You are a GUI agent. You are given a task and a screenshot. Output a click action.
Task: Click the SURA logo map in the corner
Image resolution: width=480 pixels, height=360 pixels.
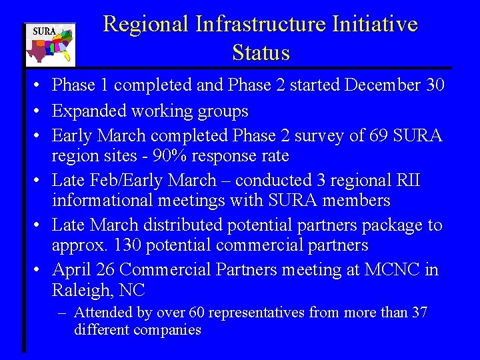click(50, 45)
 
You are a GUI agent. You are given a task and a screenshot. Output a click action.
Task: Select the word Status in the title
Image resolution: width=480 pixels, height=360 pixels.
click(261, 53)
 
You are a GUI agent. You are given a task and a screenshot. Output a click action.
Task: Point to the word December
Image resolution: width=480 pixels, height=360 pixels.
click(380, 85)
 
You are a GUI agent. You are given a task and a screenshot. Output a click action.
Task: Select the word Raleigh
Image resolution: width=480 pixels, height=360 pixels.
click(84, 291)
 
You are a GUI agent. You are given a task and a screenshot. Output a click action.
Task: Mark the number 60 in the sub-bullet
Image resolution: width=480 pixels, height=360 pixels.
click(197, 313)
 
